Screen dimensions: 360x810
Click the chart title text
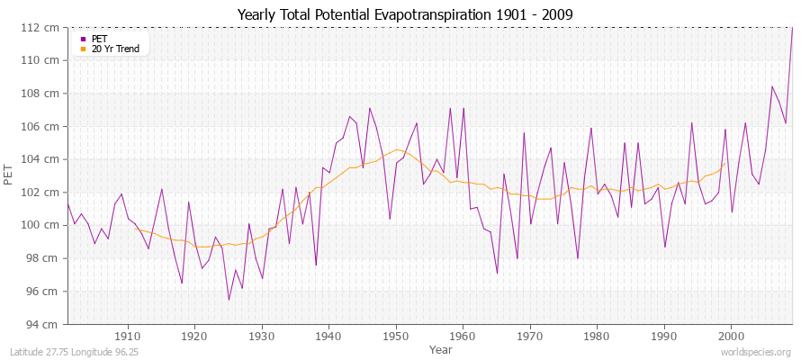click(x=404, y=14)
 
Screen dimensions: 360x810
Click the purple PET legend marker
click(x=83, y=39)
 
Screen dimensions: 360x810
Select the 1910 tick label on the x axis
click(x=128, y=336)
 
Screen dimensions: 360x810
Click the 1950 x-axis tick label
click(x=396, y=336)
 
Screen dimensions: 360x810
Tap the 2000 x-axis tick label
click(x=731, y=336)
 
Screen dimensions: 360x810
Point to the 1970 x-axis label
click(x=530, y=336)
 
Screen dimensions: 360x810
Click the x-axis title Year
click(x=441, y=348)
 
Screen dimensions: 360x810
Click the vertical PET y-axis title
click(x=10, y=175)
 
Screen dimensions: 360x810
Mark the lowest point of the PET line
click(x=229, y=300)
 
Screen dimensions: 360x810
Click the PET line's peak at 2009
click(x=792, y=29)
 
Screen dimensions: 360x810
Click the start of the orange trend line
click(x=135, y=228)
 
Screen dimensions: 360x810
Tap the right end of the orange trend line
click(x=725, y=163)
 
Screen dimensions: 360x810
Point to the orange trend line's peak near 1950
click(x=396, y=149)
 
